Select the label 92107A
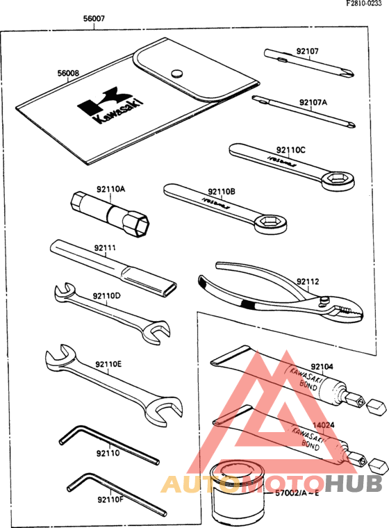tap(313, 102)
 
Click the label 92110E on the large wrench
tap(108, 363)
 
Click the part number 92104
tap(322, 366)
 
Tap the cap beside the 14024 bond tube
tap(376, 463)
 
